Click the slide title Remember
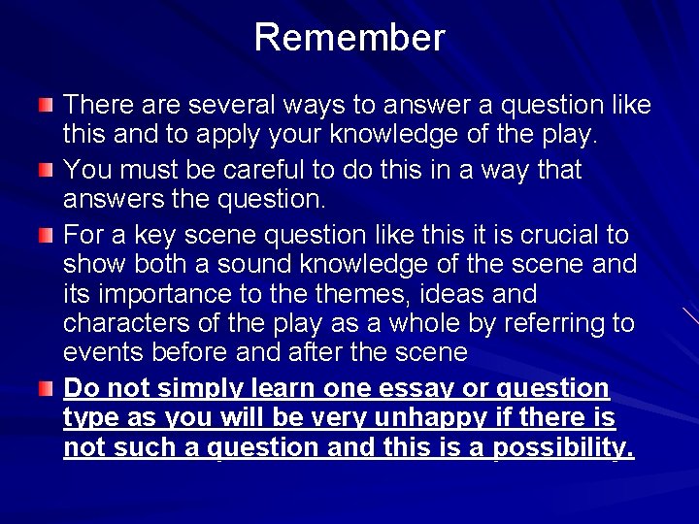pyautogui.click(x=349, y=38)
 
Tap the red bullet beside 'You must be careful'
pyautogui.click(x=47, y=171)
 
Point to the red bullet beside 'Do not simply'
pyautogui.click(x=47, y=389)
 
